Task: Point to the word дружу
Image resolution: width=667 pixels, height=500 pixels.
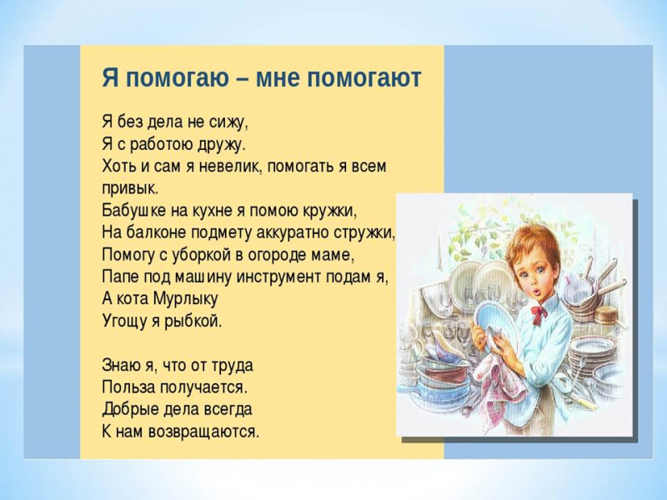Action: (x=222, y=145)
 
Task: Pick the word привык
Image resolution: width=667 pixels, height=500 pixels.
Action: (x=130, y=189)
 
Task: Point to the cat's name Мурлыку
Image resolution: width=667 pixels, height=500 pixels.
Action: (x=185, y=299)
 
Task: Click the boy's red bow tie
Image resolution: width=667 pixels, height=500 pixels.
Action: (x=539, y=315)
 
